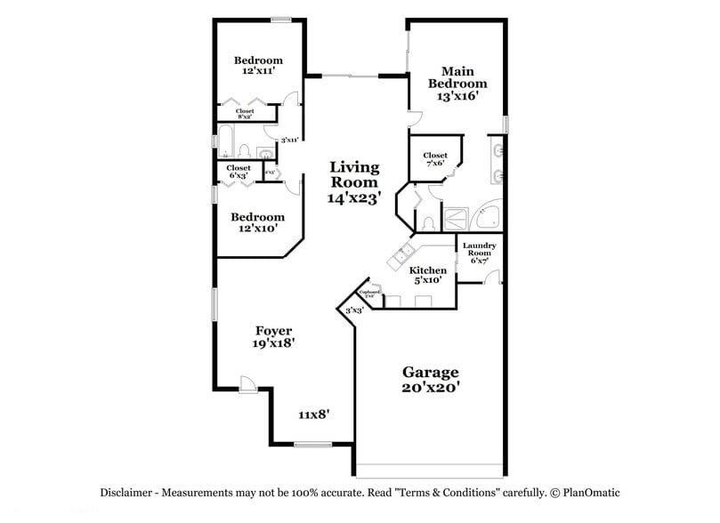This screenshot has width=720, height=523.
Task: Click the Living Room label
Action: (x=354, y=182)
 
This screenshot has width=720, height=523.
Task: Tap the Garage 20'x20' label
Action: (x=430, y=380)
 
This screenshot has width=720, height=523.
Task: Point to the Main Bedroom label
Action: (x=457, y=84)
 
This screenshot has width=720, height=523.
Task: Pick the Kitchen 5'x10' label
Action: (x=427, y=276)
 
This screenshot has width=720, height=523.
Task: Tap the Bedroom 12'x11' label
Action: (x=258, y=65)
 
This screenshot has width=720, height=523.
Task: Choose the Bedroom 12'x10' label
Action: (x=258, y=222)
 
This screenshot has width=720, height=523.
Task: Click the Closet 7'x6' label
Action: (x=435, y=160)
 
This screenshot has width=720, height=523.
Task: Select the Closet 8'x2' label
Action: (x=245, y=114)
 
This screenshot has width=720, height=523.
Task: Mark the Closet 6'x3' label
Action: (x=239, y=172)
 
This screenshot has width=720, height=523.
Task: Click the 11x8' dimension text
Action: (x=314, y=414)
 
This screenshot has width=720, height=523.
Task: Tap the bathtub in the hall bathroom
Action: (x=227, y=142)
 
